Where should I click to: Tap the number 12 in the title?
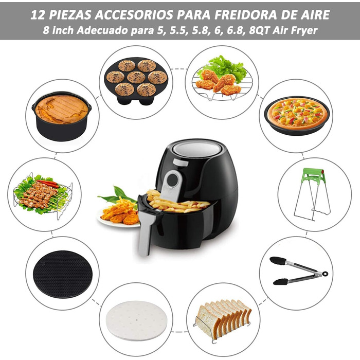pos(38,15)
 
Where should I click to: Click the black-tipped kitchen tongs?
pos(298,271)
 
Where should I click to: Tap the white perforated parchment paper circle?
pos(136,321)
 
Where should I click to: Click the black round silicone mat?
pos(63,274)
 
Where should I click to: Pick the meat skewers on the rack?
pos(38,195)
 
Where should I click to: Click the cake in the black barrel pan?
pos(62,109)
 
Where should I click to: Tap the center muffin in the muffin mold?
pos(136,77)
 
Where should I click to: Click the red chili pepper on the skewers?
pos(48,184)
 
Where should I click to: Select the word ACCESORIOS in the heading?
pos(134,15)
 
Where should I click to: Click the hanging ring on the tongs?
pos(325,274)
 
